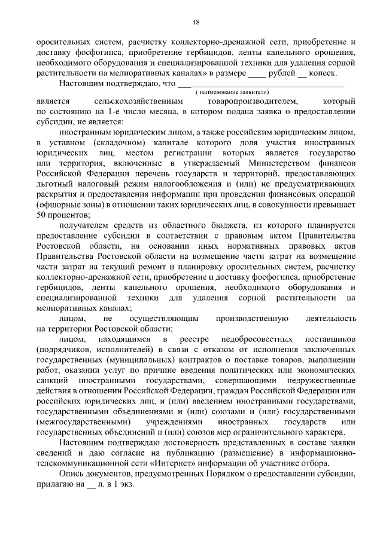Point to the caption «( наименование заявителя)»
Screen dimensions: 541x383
click(233, 93)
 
